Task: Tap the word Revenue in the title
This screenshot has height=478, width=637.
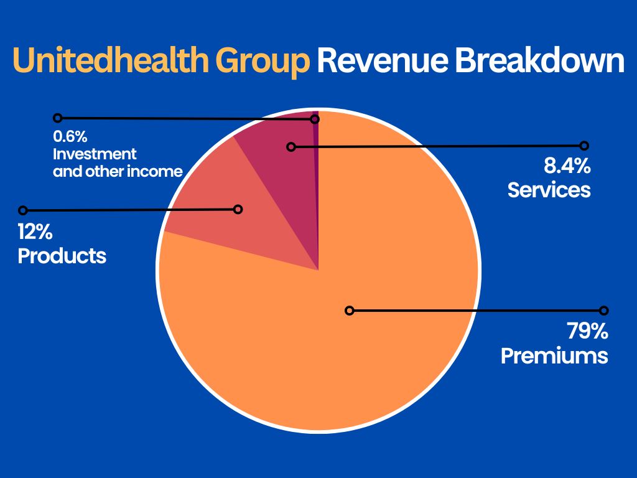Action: coord(380,62)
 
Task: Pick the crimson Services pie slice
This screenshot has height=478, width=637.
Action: coord(280,162)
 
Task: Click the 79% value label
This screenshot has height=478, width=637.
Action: coord(586,331)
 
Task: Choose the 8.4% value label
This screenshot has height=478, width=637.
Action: coord(567,166)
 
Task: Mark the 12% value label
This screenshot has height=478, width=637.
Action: coord(35,233)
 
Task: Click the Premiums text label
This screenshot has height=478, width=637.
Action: coord(554,355)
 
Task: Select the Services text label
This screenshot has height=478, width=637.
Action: coord(549,189)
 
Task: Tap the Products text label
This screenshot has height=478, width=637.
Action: coord(62,255)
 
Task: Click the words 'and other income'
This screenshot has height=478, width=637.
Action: coord(118,171)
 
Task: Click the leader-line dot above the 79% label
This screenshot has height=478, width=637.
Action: coord(603,310)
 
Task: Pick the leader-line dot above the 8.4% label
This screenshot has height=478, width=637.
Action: coord(584,146)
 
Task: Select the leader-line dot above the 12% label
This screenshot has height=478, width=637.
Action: coord(23,210)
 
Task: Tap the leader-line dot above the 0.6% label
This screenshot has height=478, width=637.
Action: coord(58,117)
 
